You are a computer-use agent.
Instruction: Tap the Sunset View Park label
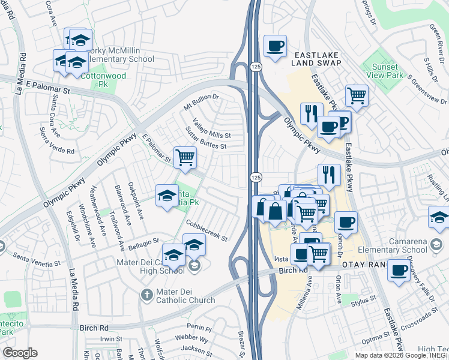(x=388, y=71)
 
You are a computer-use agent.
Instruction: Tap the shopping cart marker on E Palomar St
(x=185, y=158)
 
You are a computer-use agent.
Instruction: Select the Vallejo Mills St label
(x=211, y=129)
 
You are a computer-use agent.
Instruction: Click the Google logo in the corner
(x=20, y=353)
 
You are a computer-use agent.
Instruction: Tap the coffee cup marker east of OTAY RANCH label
(x=399, y=270)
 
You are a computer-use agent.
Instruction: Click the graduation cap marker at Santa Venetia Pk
(x=167, y=195)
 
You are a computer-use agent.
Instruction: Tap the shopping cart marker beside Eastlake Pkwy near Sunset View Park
(x=357, y=95)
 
